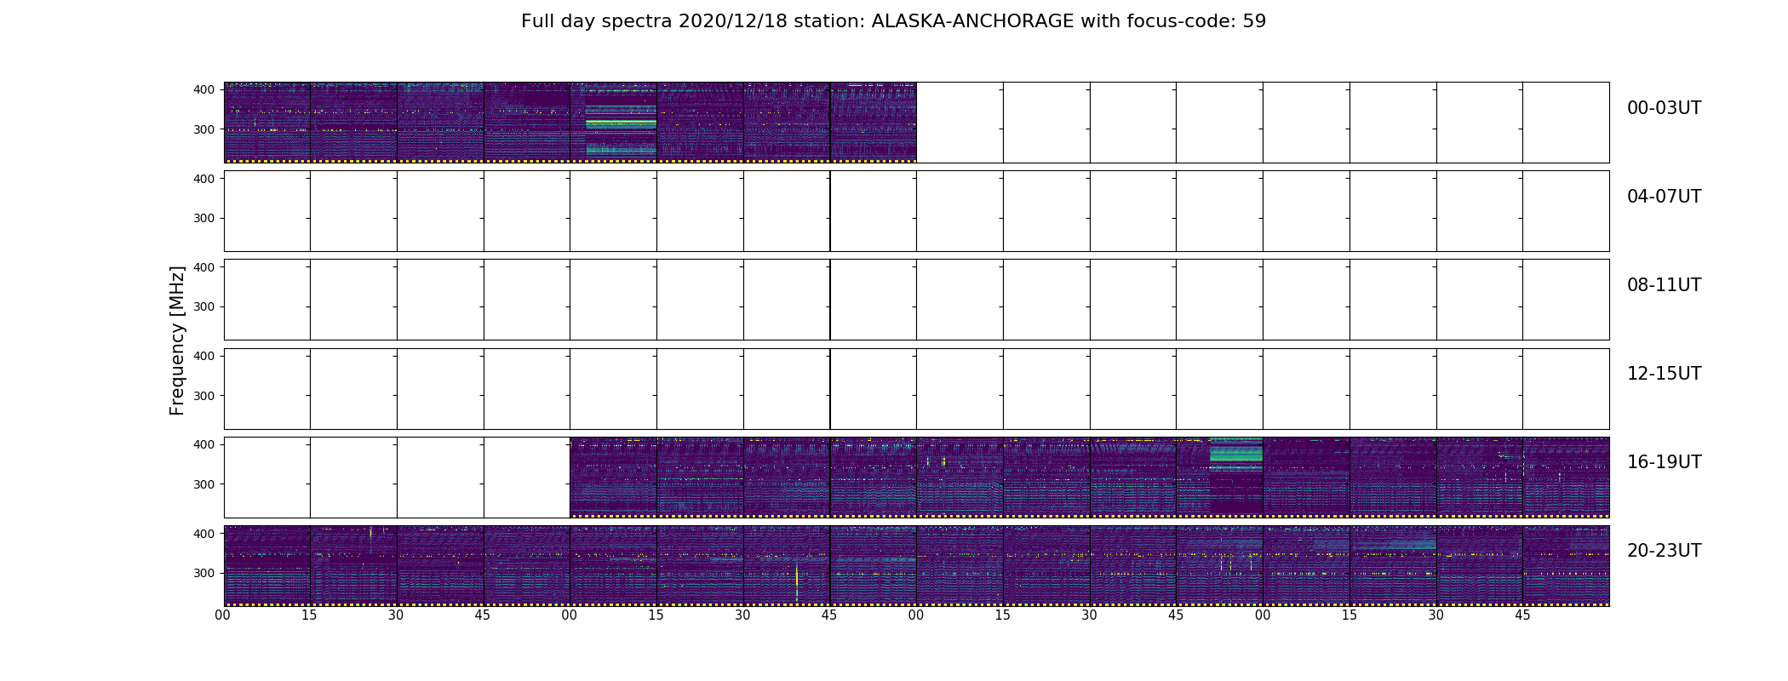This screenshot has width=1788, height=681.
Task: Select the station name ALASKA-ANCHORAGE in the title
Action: (x=972, y=21)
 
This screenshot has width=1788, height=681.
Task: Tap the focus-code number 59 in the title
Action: (x=1254, y=21)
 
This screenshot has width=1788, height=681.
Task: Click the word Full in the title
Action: (x=538, y=21)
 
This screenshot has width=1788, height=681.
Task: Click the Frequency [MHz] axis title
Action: (x=177, y=340)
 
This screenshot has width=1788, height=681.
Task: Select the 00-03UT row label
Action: (x=1664, y=108)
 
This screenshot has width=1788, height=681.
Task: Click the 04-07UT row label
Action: (x=1664, y=197)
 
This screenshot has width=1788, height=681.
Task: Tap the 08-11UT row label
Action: (x=1664, y=285)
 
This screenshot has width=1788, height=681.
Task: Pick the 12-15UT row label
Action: (x=1664, y=374)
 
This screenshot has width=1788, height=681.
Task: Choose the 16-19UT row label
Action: (x=1664, y=462)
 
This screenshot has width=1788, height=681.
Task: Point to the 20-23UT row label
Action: (x=1664, y=551)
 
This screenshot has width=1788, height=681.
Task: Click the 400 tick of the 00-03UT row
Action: (x=203, y=89)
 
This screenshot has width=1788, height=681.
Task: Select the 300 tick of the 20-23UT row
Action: (x=203, y=573)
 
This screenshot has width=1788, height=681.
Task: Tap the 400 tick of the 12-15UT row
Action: (x=203, y=356)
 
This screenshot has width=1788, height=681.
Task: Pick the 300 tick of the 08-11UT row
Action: (x=203, y=306)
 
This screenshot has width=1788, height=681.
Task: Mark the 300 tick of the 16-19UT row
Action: (x=203, y=484)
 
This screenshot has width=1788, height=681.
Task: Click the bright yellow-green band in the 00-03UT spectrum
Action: (x=621, y=123)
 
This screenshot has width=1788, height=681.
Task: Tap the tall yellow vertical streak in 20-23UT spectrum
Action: (x=797, y=583)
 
